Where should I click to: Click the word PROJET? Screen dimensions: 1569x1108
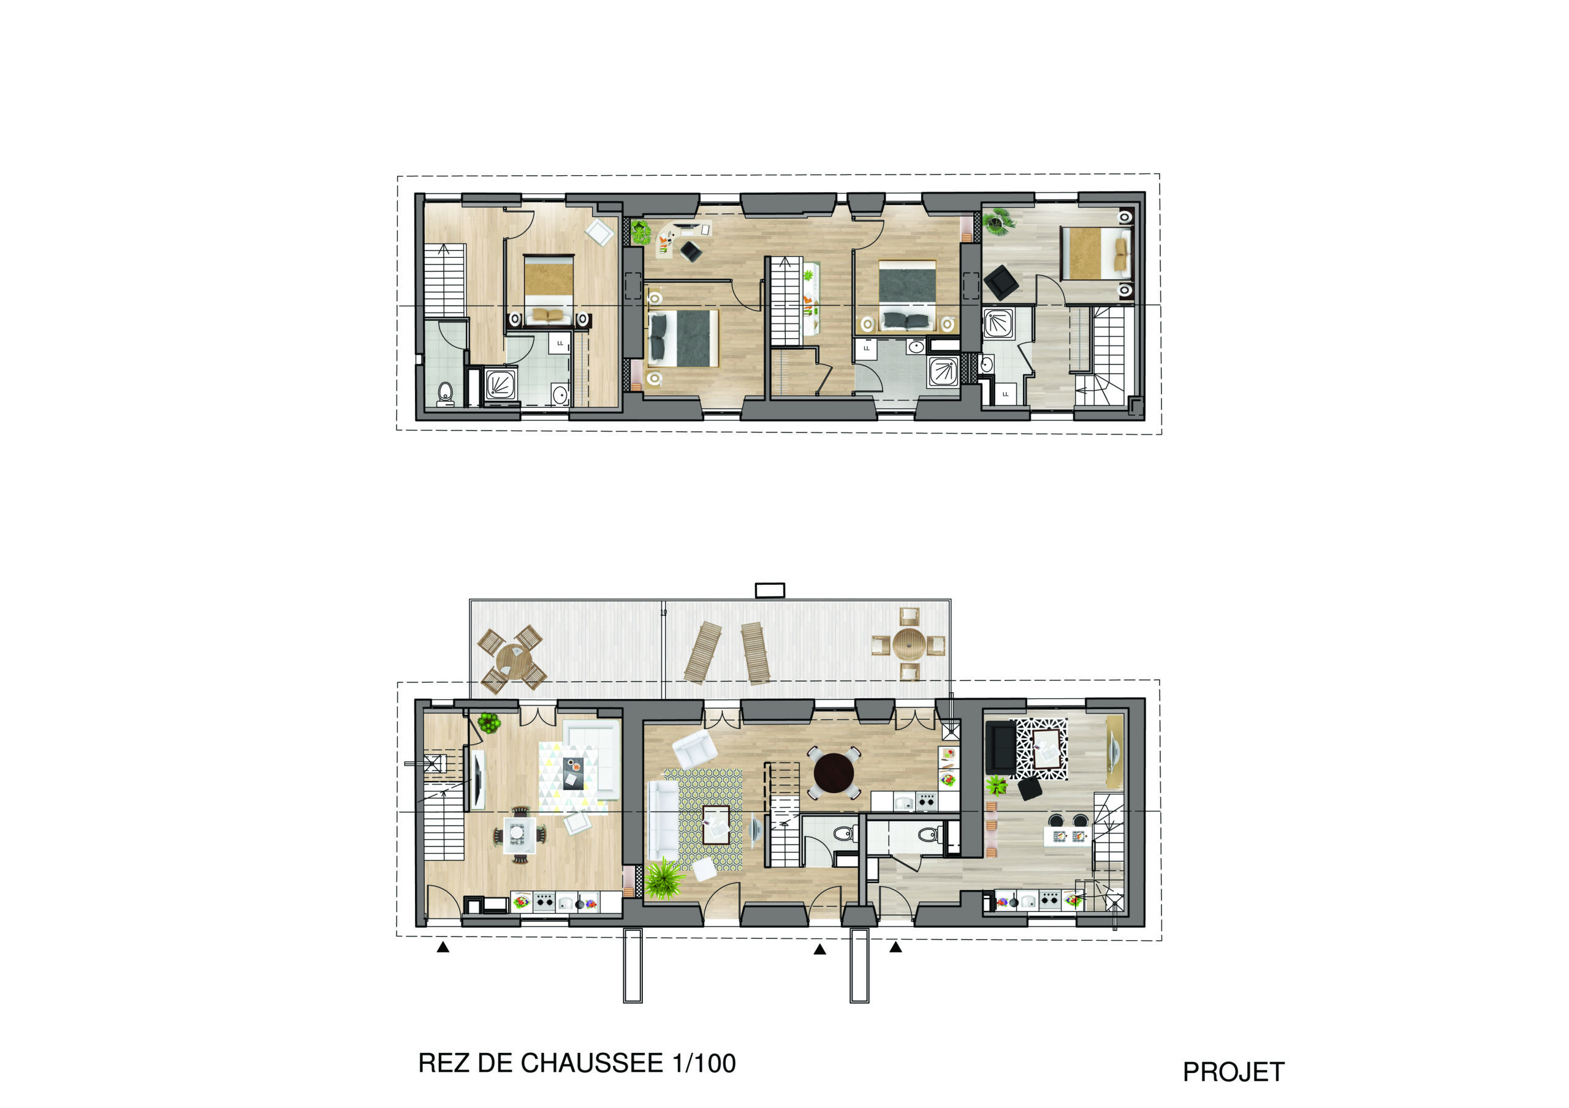1234,1072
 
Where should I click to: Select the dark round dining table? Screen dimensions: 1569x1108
834,772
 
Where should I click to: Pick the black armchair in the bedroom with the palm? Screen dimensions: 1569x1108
1001,281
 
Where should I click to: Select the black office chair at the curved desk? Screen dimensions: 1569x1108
691,251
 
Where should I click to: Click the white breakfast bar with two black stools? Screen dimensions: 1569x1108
1066,836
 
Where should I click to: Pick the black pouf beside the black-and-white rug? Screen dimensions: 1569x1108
1030,789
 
